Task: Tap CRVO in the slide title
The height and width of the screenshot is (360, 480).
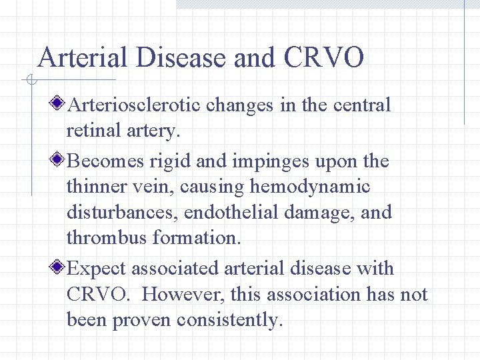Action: click(x=324, y=57)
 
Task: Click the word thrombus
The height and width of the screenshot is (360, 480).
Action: click(x=107, y=238)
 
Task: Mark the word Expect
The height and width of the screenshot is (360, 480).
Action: click(x=98, y=269)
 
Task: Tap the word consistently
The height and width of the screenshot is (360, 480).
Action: click(x=230, y=320)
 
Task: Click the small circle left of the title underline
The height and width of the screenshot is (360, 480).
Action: click(x=30, y=81)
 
